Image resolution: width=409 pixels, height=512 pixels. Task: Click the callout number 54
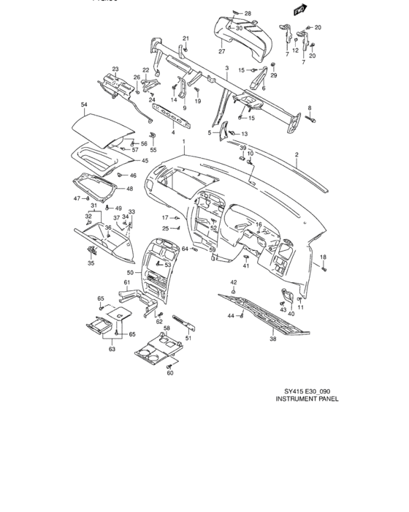[x=84, y=106]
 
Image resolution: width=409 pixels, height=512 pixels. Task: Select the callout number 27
[x=221, y=52]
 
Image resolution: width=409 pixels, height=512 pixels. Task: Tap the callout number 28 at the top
[x=248, y=14]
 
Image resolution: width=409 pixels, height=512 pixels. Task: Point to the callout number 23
[x=115, y=69]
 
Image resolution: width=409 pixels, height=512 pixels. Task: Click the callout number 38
[x=273, y=339]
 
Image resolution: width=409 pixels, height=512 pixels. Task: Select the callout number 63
[x=112, y=350]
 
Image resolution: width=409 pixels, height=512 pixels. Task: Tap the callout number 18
[x=324, y=257]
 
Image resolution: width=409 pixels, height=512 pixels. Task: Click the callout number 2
[x=297, y=155]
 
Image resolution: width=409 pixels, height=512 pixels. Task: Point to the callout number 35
[x=91, y=263]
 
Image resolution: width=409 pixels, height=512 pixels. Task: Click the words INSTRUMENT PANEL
[x=307, y=401]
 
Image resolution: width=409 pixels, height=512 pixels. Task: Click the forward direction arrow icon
[x=298, y=11]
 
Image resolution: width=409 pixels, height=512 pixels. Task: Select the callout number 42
[x=234, y=282]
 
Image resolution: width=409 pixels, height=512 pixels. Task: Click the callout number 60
[x=169, y=373]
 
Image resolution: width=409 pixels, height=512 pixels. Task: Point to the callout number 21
[x=186, y=38]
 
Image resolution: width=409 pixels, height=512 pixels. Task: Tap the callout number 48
[x=129, y=189]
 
